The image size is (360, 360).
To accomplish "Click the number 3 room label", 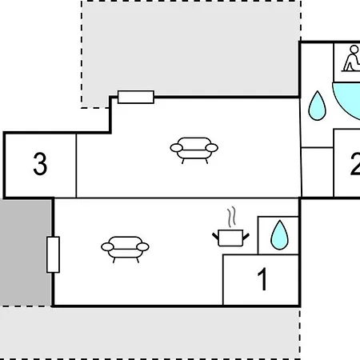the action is pyautogui.click(x=40, y=164).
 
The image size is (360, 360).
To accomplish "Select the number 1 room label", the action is pyautogui.click(x=262, y=279).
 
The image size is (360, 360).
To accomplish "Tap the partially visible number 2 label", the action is pyautogui.click(x=355, y=165).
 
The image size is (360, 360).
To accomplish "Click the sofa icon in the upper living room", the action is pyautogui.click(x=194, y=150).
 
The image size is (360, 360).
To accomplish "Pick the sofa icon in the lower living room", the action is pyautogui.click(x=125, y=250).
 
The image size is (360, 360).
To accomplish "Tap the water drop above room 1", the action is pyautogui.click(x=279, y=235).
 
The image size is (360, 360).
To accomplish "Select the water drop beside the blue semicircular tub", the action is pyautogui.click(x=317, y=106).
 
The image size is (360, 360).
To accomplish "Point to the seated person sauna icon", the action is pyautogui.click(x=351, y=58).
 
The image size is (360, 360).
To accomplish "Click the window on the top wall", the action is pyautogui.click(x=136, y=97).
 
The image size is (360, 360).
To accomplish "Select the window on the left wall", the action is pyautogui.click(x=53, y=254).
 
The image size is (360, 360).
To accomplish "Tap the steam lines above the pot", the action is pyautogui.click(x=232, y=217).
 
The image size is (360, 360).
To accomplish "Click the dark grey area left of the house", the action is pyautogui.click(x=26, y=252).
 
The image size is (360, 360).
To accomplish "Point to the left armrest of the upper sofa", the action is pyautogui.click(x=176, y=148).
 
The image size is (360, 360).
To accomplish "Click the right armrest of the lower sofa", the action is pyautogui.click(x=143, y=247).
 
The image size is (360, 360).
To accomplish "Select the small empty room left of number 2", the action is pyautogui.click(x=318, y=172).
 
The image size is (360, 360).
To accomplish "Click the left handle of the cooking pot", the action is pyautogui.click(x=215, y=236).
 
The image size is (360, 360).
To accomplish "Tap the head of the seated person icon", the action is pyautogui.click(x=354, y=50).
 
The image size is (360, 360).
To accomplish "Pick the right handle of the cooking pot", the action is pyautogui.click(x=246, y=236).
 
